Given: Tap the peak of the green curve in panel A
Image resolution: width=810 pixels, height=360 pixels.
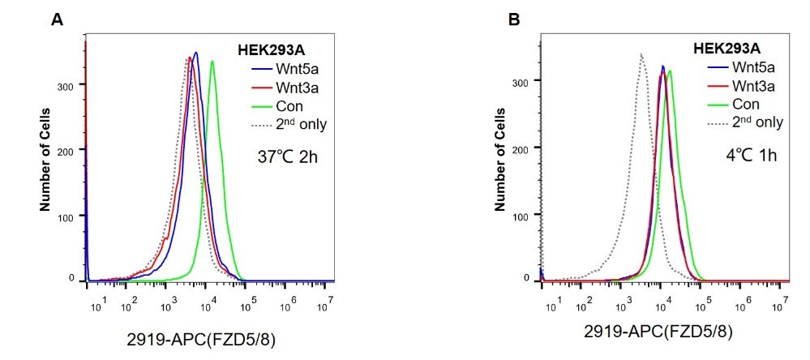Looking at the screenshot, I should click(212, 62).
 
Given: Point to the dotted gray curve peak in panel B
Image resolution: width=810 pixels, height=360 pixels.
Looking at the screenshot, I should click(641, 54).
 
